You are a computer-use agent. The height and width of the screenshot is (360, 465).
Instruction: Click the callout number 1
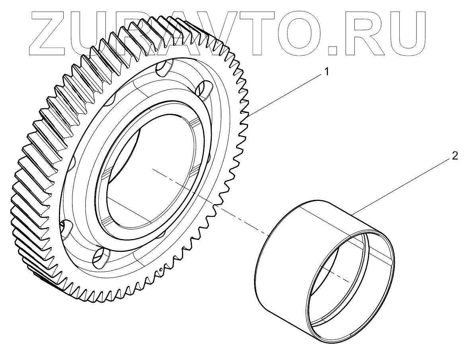(326, 72)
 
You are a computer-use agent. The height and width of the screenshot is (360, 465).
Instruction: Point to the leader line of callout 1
(287, 94)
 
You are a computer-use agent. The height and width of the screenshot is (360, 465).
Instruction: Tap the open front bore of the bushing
(350, 286)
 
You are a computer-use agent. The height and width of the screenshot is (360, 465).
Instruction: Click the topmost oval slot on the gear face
(164, 69)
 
